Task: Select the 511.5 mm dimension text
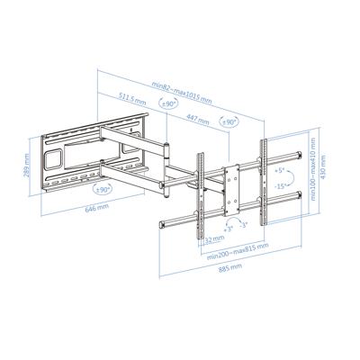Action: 133,100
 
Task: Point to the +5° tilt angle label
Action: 281,170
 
